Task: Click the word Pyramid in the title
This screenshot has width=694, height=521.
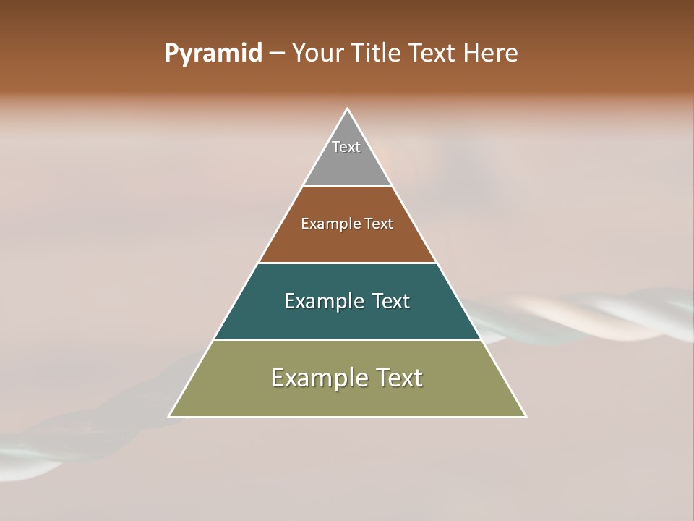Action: tap(213, 54)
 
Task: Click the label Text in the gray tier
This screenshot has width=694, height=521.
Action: tap(346, 147)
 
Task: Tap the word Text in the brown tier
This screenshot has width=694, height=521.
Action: tap(379, 224)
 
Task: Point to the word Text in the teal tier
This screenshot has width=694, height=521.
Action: tap(391, 301)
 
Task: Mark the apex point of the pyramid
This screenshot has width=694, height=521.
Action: tap(348, 109)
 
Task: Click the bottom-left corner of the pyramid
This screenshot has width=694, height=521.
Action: tap(170, 416)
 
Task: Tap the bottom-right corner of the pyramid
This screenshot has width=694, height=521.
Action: tap(526, 416)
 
